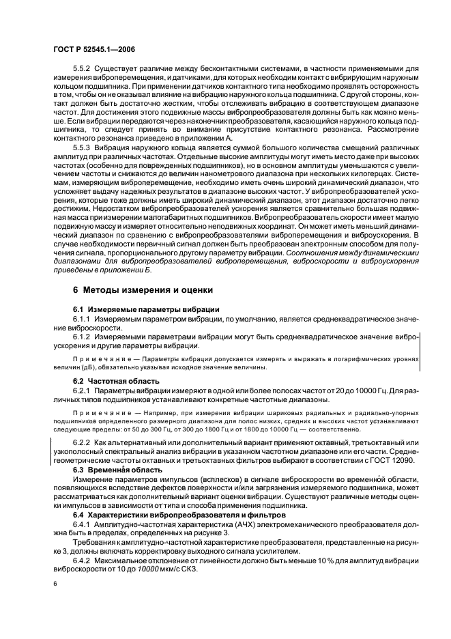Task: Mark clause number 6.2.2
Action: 81,443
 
